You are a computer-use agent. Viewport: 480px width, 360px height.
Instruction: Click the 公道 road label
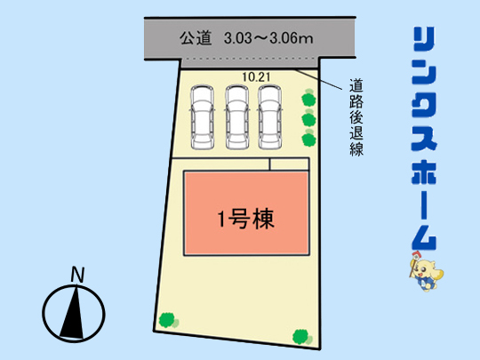196,38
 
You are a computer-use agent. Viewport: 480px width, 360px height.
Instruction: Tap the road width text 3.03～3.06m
268,38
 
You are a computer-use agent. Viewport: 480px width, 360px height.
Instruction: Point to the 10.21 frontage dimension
256,77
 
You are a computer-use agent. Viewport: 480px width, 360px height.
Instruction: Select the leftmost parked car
202,117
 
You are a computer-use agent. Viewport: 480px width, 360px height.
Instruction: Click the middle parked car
237,117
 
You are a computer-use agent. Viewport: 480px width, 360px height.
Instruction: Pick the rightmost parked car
269,117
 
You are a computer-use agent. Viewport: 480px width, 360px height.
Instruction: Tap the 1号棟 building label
246,219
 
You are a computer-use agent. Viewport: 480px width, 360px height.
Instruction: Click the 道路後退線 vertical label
356,117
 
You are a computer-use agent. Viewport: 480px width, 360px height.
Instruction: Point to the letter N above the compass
77,275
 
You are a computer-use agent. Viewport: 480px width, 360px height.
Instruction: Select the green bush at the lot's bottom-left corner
169,321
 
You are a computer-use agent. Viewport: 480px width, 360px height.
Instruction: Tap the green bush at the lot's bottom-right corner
302,338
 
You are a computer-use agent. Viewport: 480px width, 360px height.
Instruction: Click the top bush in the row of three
308,99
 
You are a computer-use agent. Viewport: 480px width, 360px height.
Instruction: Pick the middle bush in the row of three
308,118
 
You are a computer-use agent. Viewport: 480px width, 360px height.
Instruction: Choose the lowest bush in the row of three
308,139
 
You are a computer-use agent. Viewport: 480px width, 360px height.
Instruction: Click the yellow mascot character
426,271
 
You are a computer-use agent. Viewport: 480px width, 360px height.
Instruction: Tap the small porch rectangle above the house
290,164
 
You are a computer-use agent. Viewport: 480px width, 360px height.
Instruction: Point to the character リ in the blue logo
424,39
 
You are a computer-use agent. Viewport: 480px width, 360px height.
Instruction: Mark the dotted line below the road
250,58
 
